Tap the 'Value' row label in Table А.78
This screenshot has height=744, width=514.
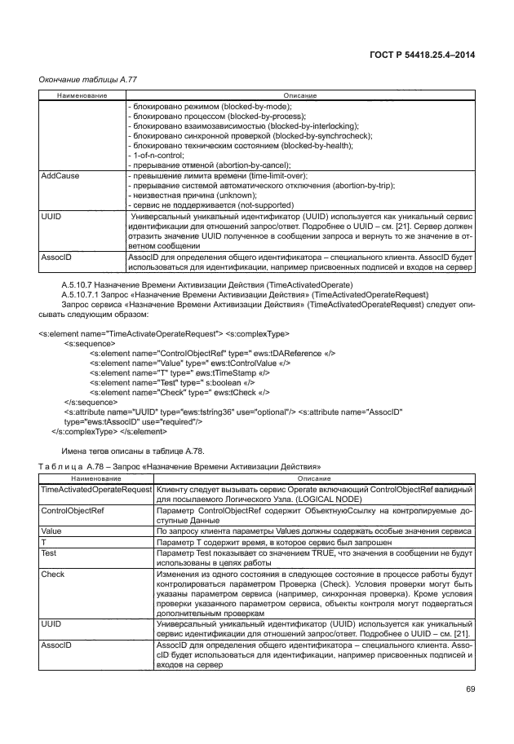click(51, 530)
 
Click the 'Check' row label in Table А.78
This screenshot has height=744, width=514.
click(53, 574)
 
